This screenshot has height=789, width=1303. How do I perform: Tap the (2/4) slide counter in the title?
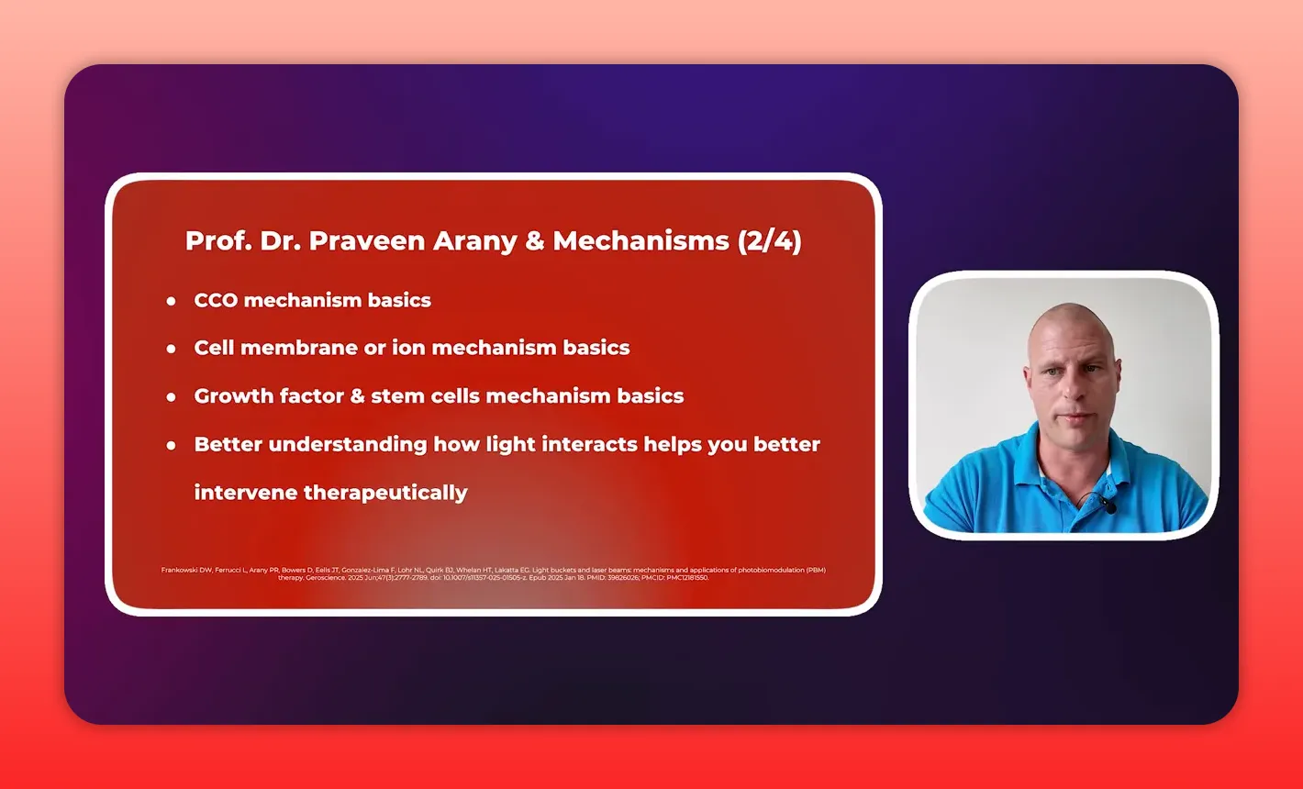(769, 241)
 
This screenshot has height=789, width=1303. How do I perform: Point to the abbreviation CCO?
(216, 300)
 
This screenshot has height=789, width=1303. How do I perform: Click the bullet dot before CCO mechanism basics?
(172, 301)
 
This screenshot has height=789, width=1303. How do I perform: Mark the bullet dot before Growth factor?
(172, 397)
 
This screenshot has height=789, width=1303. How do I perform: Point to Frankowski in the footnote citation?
(181, 570)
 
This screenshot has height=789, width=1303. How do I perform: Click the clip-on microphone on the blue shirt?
(1109, 506)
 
